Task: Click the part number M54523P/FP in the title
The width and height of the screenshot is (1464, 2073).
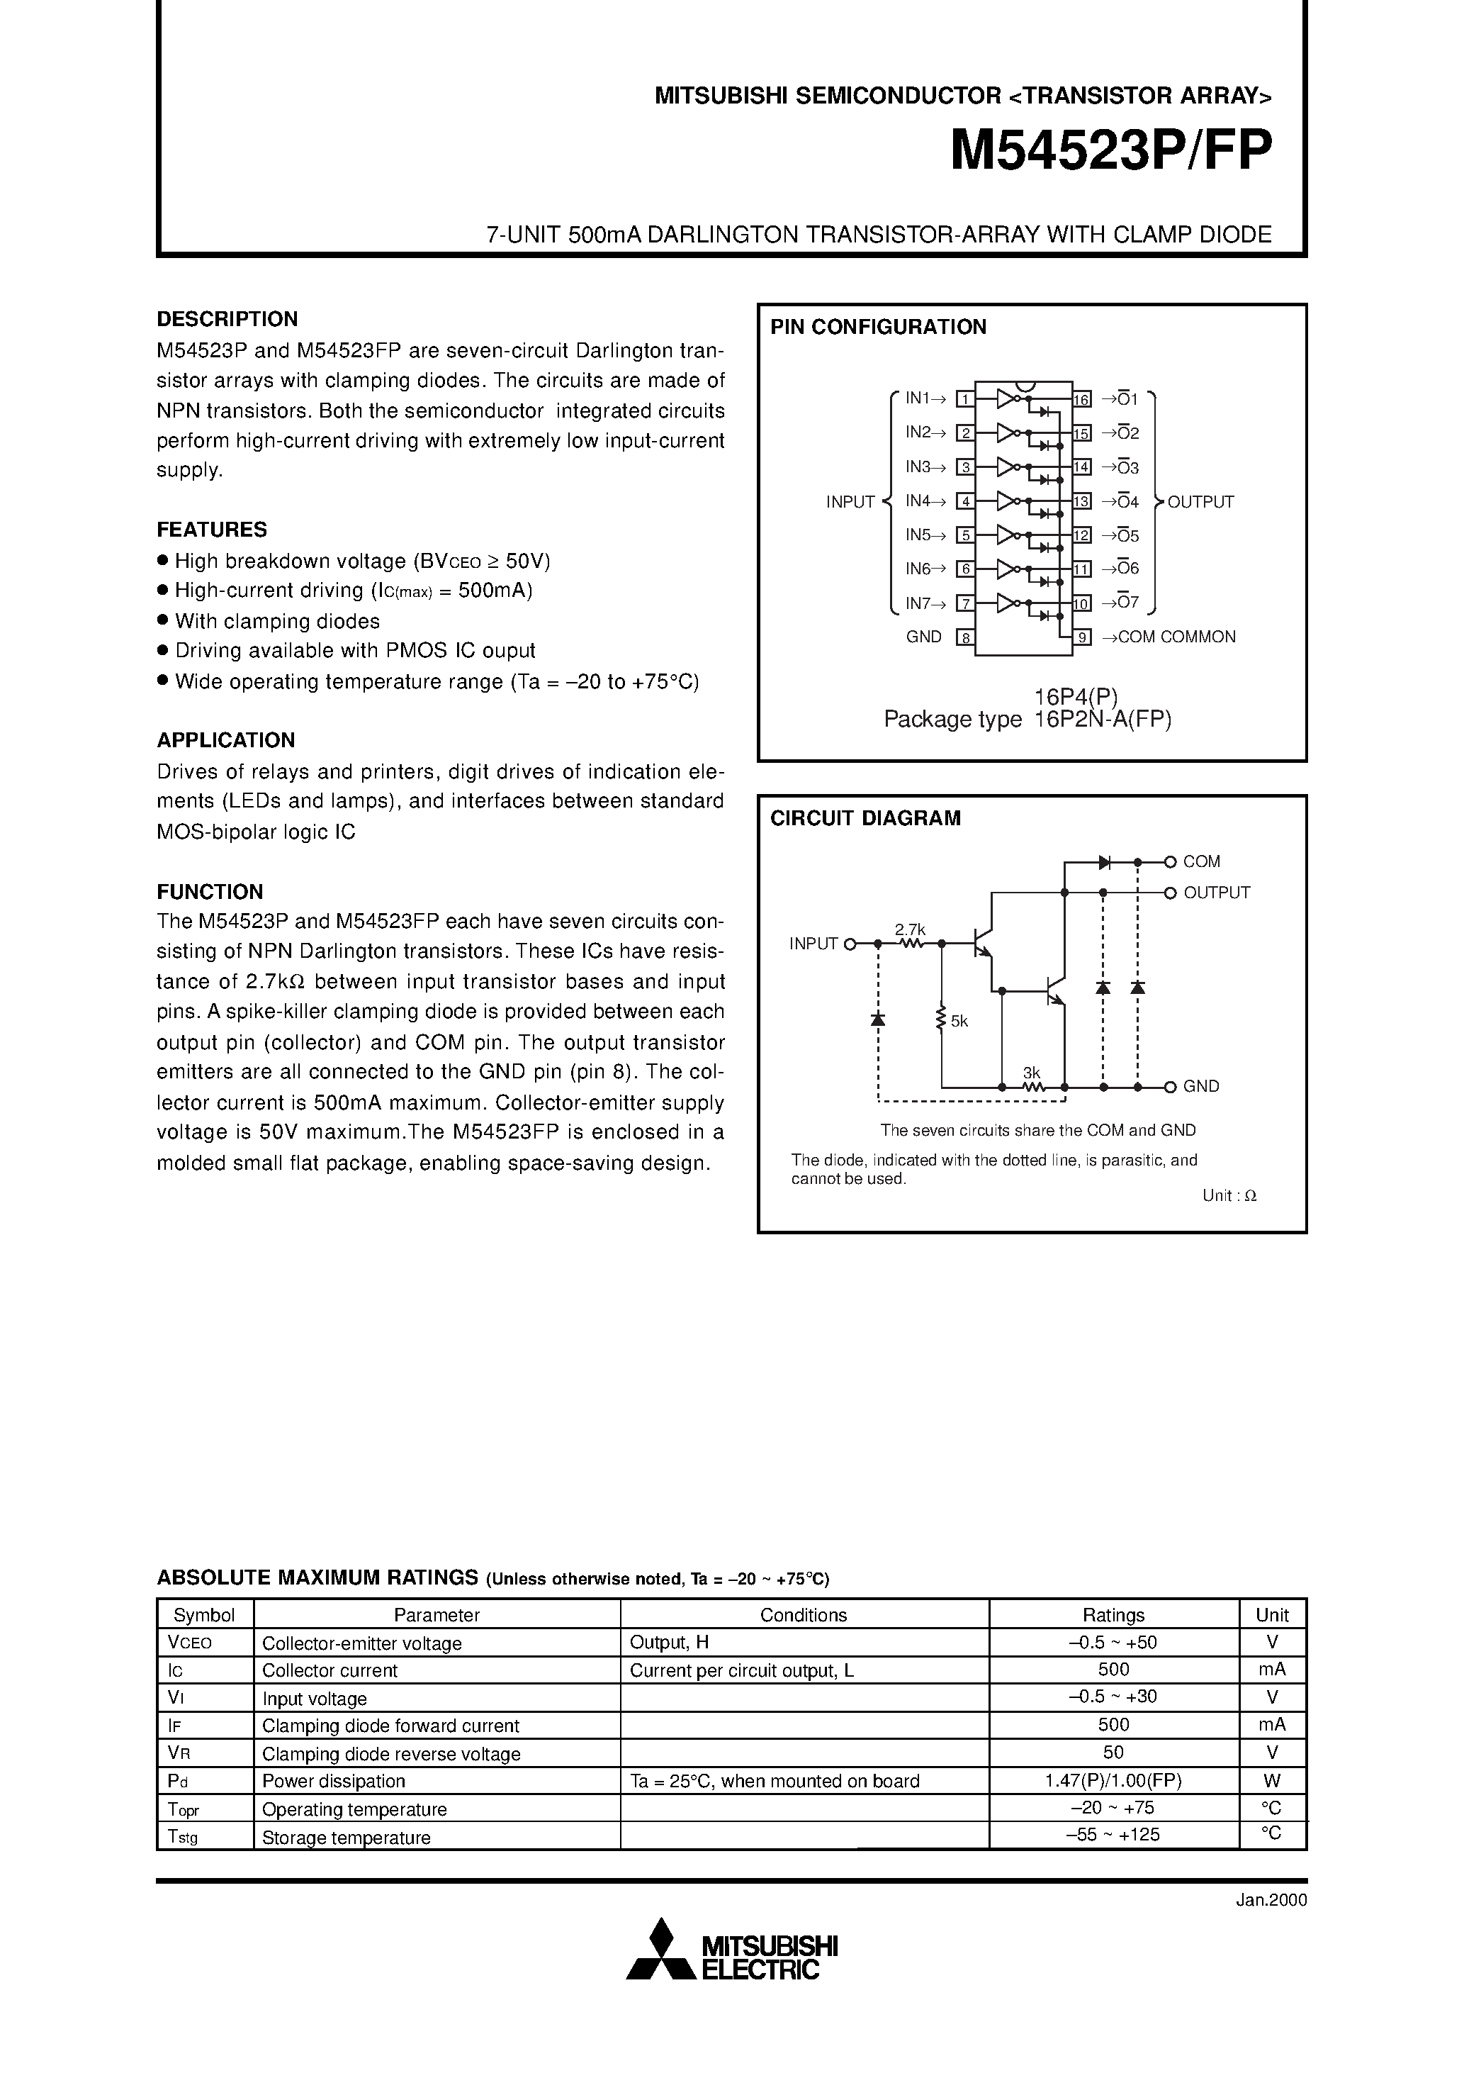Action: pos(1111,151)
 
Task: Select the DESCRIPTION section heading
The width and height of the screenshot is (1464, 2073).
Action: pos(227,319)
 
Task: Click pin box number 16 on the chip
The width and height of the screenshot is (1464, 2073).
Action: pos(1082,399)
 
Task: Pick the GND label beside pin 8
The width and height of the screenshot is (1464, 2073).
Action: pos(923,637)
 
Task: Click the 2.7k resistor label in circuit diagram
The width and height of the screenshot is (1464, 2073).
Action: pos(910,929)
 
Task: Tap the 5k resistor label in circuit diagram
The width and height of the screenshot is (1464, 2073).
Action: pos(959,1021)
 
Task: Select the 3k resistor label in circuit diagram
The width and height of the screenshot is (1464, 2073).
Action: pos(1032,1073)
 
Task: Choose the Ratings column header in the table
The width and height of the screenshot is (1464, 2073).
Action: pos(1113,1615)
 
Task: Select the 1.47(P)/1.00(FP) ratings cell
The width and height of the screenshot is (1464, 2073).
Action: pos(1113,1782)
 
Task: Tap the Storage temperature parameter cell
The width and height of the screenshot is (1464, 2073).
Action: pos(346,1838)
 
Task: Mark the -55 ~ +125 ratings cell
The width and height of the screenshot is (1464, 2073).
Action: pos(1113,1835)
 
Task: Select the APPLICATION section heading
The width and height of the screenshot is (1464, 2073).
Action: pos(225,740)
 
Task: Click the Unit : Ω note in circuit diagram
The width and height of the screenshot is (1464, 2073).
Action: pos(1229,1195)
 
